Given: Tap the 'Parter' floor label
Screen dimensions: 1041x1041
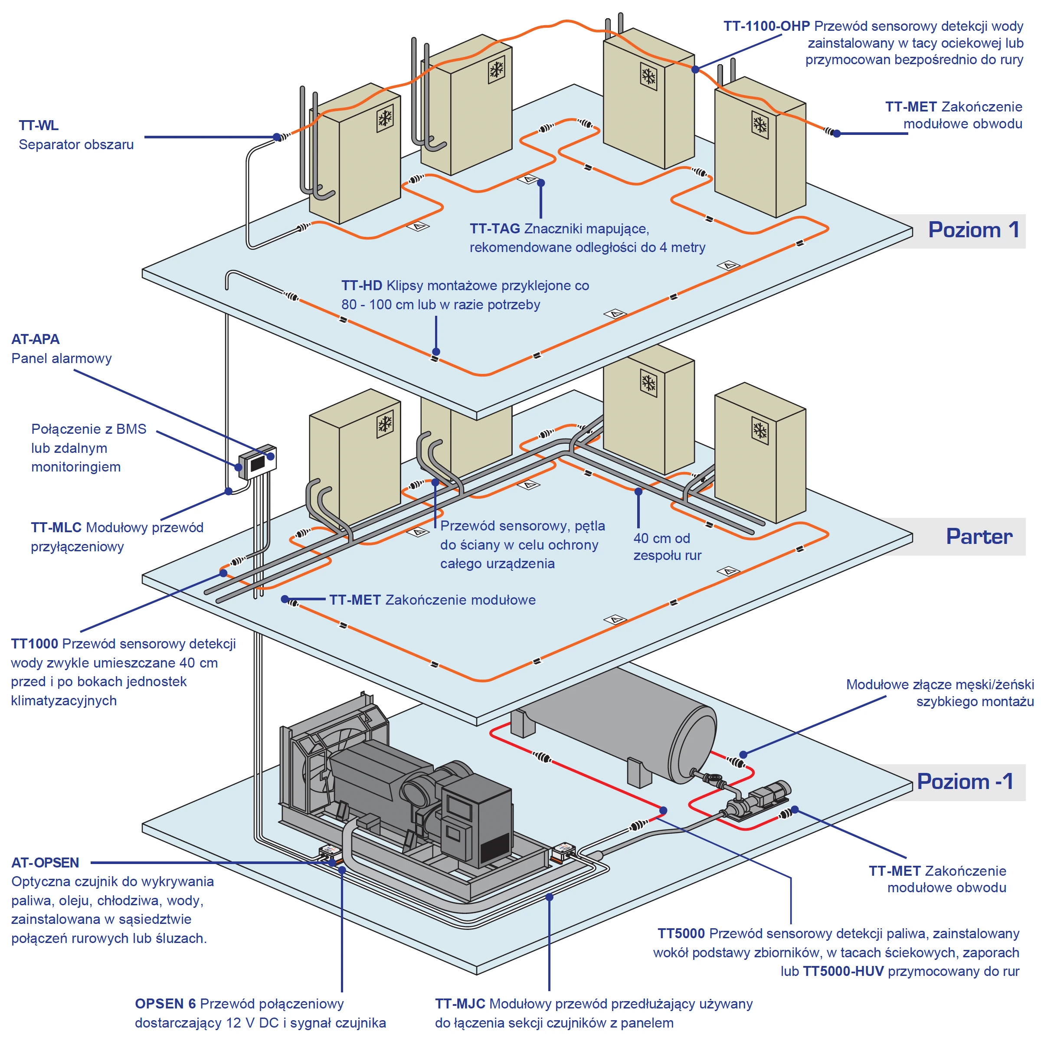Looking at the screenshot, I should [x=979, y=537].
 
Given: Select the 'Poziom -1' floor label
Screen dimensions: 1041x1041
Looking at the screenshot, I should [x=965, y=782].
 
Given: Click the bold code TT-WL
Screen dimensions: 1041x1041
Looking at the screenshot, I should [x=39, y=125].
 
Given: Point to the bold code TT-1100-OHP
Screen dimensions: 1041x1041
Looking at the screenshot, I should [x=766, y=26].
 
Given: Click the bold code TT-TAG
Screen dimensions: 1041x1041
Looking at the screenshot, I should [x=494, y=229].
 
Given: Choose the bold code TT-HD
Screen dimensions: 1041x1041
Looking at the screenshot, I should [x=362, y=285].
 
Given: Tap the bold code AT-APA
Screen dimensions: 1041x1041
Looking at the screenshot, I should [x=36, y=340].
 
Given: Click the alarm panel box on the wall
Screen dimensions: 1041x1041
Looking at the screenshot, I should [x=258, y=462].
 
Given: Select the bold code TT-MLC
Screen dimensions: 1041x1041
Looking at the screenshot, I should [x=56, y=527].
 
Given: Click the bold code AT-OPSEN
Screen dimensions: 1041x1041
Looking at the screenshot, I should [x=45, y=863].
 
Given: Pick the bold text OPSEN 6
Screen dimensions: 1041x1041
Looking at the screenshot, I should [x=165, y=1004].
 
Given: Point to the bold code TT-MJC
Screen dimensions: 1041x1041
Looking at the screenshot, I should [x=460, y=1004].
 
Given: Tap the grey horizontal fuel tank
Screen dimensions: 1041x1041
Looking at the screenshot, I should [x=620, y=722].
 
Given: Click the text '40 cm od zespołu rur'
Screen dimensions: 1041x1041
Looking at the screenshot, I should [x=667, y=547].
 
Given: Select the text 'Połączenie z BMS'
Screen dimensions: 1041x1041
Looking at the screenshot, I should [x=89, y=429].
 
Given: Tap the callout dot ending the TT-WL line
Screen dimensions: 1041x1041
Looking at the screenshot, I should [x=277, y=137].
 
